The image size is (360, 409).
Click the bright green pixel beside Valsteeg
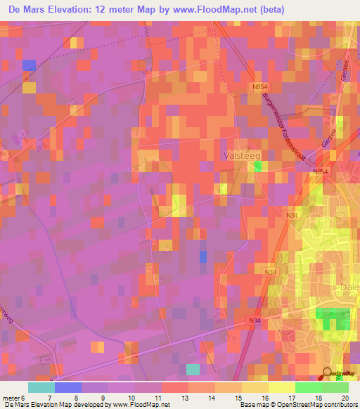coord(258,167)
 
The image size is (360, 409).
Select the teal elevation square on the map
coord(193,369)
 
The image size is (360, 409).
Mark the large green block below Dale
coord(333,318)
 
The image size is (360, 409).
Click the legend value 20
coord(346,398)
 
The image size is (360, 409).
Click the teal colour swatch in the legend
coord(41,387)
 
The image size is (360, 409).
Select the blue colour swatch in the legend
coord(67,387)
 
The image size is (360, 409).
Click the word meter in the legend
coord(11,398)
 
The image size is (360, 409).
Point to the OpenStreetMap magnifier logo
coord(328,373)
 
